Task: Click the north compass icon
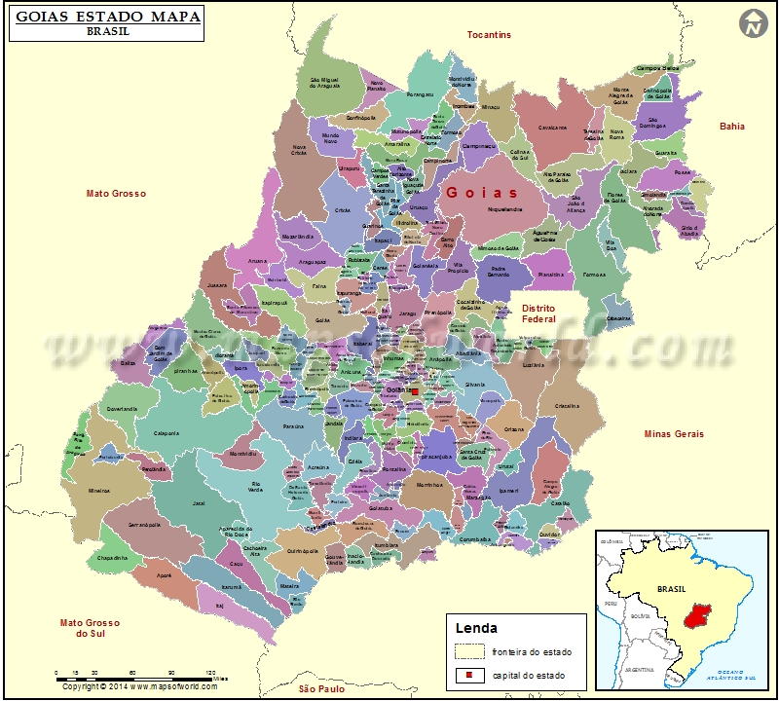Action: click(x=753, y=23)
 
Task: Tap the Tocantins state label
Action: click(x=489, y=35)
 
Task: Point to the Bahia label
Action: click(x=731, y=127)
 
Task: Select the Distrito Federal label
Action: click(x=538, y=314)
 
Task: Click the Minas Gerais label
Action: click(x=674, y=433)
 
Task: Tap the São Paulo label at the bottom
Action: click(x=322, y=688)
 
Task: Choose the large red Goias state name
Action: click(x=482, y=193)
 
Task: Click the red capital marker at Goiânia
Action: click(x=414, y=391)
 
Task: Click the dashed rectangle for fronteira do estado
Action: click(x=469, y=651)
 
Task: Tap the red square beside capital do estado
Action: click(x=469, y=676)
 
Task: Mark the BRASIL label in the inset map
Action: click(x=672, y=589)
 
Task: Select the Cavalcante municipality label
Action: click(x=552, y=127)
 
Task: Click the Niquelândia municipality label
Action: click(x=505, y=208)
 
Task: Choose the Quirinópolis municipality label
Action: click(x=303, y=550)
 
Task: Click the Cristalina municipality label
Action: click(x=567, y=406)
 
